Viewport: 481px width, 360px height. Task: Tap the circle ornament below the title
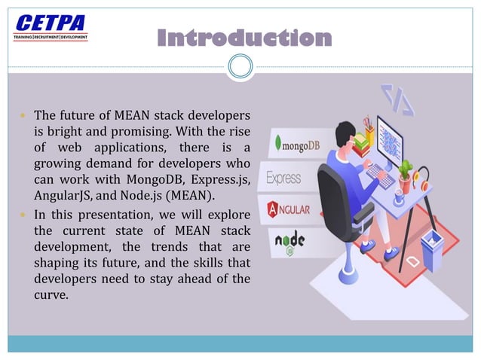point(240,68)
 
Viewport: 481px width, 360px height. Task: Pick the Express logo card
point(283,178)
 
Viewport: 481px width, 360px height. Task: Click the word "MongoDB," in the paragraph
point(158,181)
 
